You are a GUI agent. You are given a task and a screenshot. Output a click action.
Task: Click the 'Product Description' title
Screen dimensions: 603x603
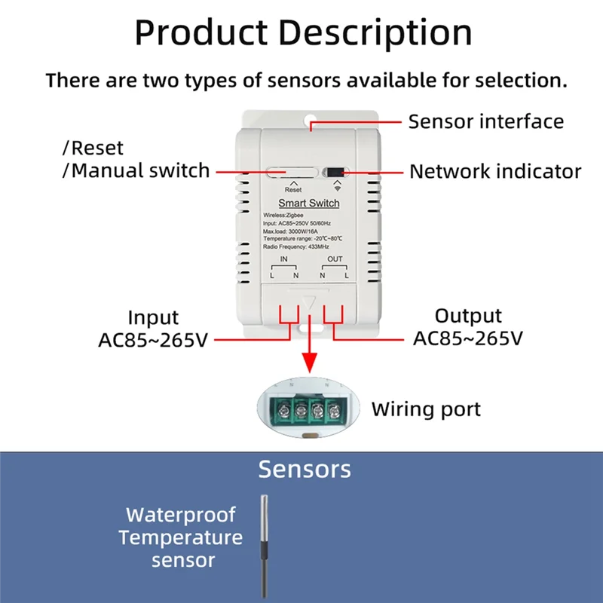[303, 32]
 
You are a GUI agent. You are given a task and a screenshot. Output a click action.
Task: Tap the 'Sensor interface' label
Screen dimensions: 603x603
[485, 121]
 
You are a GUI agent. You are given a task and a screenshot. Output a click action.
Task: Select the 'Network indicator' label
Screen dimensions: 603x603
[494, 171]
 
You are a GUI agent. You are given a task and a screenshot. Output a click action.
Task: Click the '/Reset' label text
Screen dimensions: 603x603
[93, 148]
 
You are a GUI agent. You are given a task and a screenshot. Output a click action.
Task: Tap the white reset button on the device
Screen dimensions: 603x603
[291, 172]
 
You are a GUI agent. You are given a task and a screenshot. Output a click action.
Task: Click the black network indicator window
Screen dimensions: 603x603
[335, 172]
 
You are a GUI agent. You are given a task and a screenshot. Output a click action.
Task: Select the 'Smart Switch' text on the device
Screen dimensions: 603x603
[309, 203]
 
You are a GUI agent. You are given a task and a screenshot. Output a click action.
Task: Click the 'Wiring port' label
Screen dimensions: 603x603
[425, 409]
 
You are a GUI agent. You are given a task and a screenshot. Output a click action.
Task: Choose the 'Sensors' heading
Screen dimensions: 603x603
[304, 469]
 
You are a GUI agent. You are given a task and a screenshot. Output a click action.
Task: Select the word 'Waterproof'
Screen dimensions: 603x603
[181, 516]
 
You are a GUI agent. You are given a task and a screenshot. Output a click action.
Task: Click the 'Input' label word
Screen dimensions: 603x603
[153, 317]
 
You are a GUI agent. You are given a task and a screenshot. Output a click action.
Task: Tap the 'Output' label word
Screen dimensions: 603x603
[468, 316]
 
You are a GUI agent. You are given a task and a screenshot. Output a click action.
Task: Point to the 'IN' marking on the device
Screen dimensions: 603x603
[284, 259]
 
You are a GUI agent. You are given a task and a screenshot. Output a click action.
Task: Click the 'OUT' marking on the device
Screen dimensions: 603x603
[335, 259]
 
